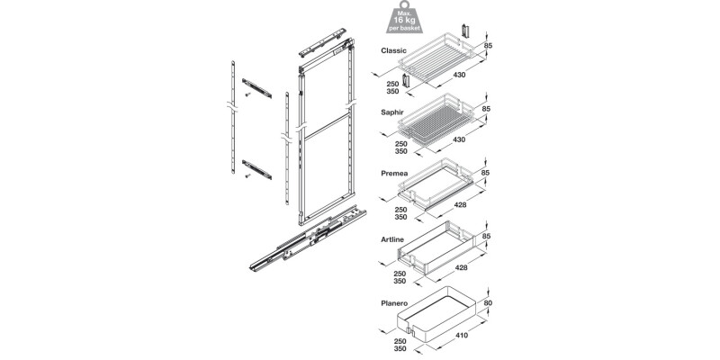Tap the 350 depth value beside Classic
393,92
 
